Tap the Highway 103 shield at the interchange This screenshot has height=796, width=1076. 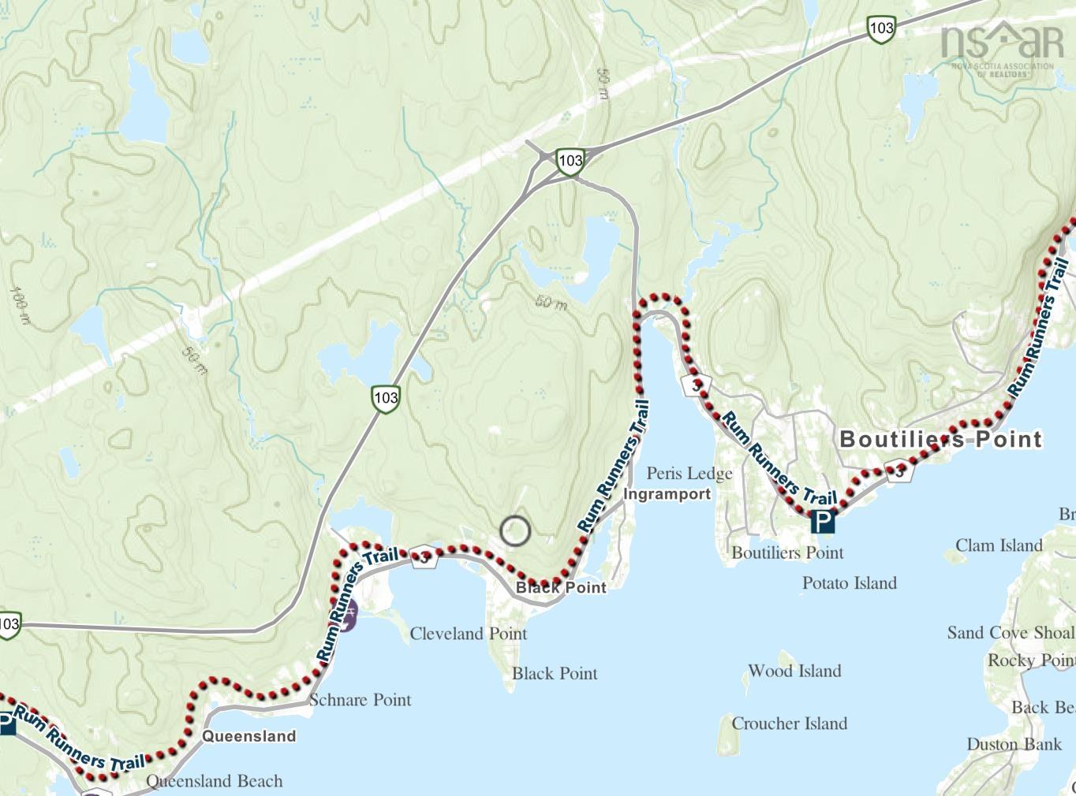click(x=570, y=161)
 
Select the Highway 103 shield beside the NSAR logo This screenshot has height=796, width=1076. click(x=880, y=28)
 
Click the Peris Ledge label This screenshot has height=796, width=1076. click(x=689, y=473)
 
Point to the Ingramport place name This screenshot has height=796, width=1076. click(x=667, y=494)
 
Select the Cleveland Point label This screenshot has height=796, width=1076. click(x=468, y=634)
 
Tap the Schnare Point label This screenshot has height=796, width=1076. click(x=360, y=700)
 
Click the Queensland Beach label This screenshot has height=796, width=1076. click(x=215, y=781)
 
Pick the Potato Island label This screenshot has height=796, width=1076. click(x=849, y=583)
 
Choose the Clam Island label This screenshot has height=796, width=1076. click(x=999, y=545)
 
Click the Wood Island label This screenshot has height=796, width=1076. click(x=794, y=671)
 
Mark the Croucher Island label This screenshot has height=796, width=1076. click(x=789, y=723)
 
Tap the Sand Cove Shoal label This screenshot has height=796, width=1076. click(x=1010, y=633)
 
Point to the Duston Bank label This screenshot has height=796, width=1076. click(x=1014, y=744)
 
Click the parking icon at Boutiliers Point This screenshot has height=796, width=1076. click(x=823, y=521)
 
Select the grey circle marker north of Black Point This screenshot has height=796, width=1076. click(x=515, y=531)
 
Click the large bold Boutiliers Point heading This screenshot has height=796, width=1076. click(x=940, y=439)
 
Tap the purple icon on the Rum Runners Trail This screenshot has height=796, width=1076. click(x=348, y=615)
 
